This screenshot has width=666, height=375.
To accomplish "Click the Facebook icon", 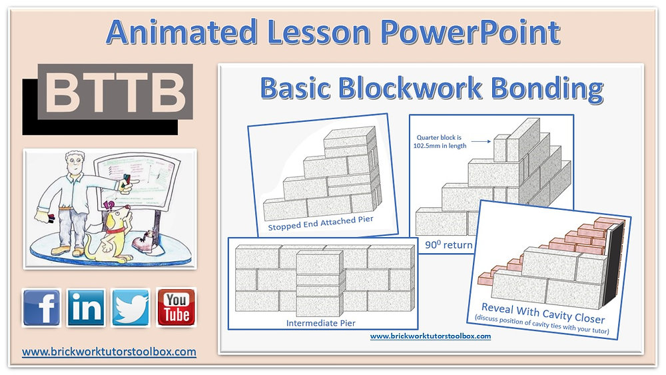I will (41, 307).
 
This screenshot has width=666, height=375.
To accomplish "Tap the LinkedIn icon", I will (86, 307).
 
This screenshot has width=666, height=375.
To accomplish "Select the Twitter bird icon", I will (131, 307).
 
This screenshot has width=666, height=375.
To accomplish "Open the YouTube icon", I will (176, 307).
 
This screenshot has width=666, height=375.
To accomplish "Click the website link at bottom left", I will (109, 351).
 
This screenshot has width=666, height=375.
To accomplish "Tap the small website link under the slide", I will (430, 336).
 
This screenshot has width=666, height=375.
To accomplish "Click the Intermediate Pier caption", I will (321, 323).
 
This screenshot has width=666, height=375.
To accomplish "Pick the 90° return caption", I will (448, 244).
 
